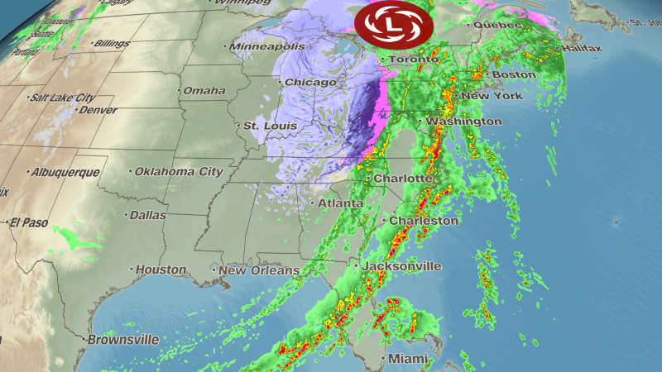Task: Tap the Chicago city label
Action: pos(310,83)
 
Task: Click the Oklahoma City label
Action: pos(180,172)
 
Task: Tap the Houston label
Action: pos(161,269)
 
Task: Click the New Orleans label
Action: pos(259,270)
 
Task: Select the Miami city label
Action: pos(410,359)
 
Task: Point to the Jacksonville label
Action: pos(406,266)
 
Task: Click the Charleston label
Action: pos(424,221)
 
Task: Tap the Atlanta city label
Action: pos(341,203)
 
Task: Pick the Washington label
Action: pos(465,122)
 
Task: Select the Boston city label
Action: pos(514,75)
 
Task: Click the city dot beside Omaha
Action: pos(179,91)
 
